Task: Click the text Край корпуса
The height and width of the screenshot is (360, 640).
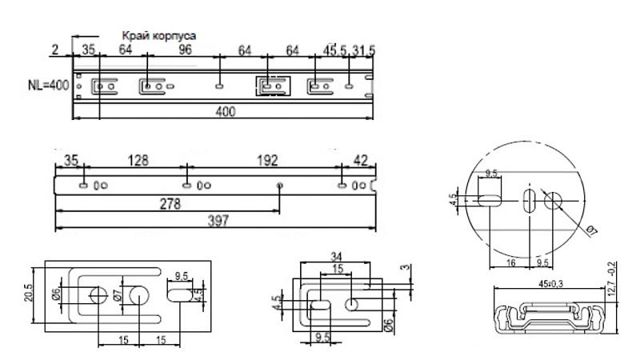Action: point(159,35)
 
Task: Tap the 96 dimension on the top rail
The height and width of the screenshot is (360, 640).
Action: point(185,50)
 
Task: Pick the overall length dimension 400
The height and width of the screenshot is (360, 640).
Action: point(225,112)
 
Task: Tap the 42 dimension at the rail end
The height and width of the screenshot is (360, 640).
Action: point(361,160)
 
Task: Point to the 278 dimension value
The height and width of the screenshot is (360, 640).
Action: point(167,204)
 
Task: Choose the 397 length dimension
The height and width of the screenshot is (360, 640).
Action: point(215,222)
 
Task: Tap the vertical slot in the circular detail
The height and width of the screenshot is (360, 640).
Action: point(529,200)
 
